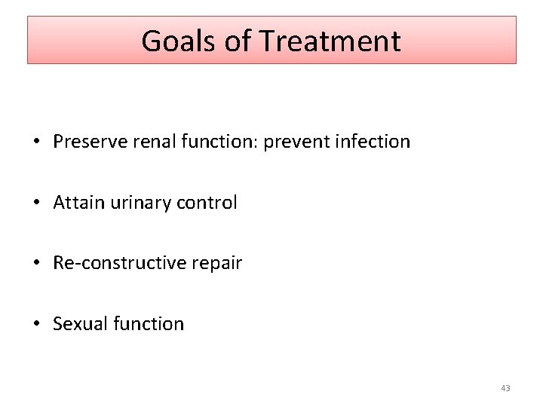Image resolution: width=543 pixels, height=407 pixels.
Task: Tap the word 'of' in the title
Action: [235, 41]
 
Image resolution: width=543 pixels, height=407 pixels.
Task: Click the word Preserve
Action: [85, 142]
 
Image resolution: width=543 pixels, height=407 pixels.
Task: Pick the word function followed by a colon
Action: [213, 142]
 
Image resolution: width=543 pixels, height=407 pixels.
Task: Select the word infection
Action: [372, 142]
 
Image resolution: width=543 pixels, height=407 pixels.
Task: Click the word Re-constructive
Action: [114, 263]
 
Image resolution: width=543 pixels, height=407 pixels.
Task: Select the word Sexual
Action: [78, 323]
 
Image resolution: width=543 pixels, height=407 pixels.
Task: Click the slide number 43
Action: [505, 388]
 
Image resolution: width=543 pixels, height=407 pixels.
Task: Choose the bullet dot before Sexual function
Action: [35, 324]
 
